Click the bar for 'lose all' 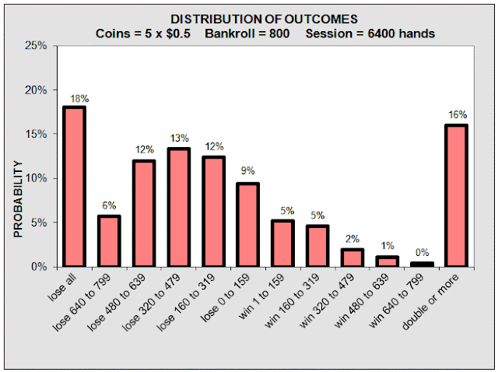click(x=75, y=187)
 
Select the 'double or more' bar click(x=456, y=195)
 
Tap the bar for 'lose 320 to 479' click(x=179, y=208)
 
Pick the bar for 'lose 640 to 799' click(x=109, y=241)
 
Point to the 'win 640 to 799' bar click(x=422, y=265)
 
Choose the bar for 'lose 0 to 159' click(x=247, y=225)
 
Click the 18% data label click(x=79, y=99)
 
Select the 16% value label click(x=458, y=114)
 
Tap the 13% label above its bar click(x=180, y=139)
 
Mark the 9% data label click(x=247, y=171)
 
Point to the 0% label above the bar click(x=422, y=253)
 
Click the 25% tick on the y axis click(x=36, y=46)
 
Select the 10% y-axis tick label click(x=36, y=178)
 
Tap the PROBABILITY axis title click(x=19, y=199)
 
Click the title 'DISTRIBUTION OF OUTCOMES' click(x=265, y=19)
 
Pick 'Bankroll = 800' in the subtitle click(x=247, y=33)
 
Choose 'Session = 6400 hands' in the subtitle click(x=370, y=33)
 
